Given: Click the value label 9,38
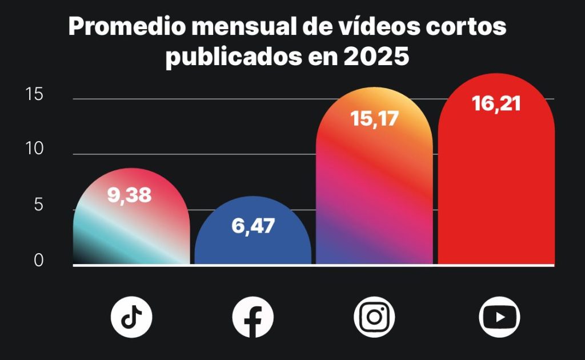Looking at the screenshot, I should [130, 195].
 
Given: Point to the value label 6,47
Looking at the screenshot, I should [253, 226].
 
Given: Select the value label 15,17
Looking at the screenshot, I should [375, 119].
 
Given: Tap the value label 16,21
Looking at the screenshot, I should [496, 103].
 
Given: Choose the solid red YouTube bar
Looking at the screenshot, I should [496, 189].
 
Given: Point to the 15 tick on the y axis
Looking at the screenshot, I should [35, 95].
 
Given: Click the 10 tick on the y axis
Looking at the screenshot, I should [35, 149].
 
